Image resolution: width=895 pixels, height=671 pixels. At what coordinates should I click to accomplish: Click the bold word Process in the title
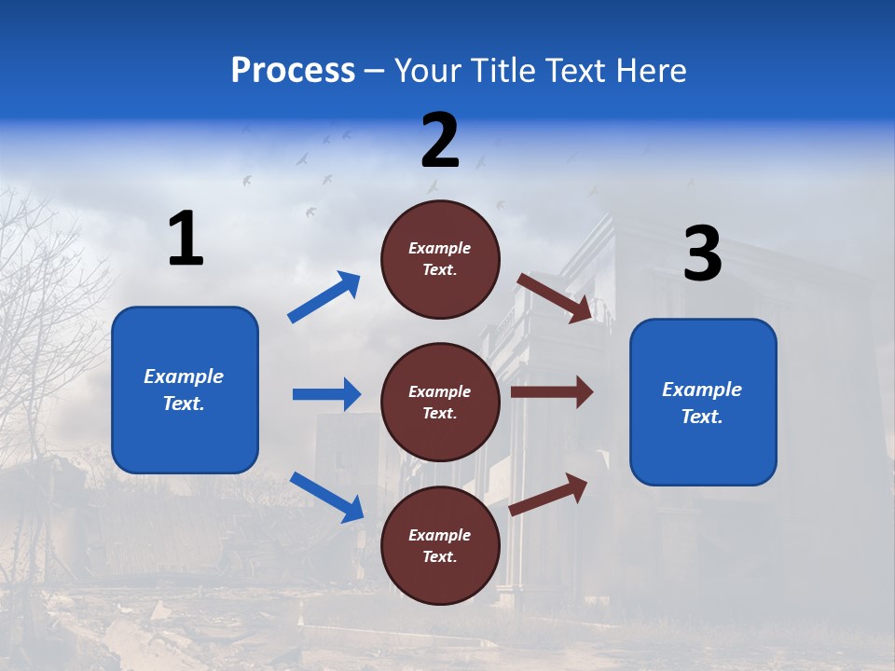tap(293, 71)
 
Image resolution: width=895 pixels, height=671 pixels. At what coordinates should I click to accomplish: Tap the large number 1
tap(186, 240)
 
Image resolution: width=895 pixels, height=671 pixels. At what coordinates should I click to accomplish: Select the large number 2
tap(440, 141)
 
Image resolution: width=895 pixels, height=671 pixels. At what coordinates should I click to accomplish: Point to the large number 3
tap(702, 254)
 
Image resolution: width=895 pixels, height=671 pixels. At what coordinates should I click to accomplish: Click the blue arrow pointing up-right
tap(324, 297)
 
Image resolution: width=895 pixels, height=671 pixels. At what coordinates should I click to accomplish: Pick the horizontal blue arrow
tap(326, 394)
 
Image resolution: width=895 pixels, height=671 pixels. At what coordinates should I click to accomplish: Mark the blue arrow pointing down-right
tap(326, 497)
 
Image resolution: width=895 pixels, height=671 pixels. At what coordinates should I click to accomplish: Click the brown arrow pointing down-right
tap(555, 297)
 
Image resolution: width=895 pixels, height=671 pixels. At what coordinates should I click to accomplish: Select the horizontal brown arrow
tap(552, 391)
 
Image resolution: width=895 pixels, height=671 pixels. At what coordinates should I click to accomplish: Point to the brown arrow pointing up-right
tap(549, 494)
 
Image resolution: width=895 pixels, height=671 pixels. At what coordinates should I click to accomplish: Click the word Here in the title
tap(654, 71)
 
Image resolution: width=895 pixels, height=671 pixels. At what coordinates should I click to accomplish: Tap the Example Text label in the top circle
tap(440, 259)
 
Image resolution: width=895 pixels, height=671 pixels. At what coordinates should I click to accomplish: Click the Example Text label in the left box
tap(184, 390)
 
